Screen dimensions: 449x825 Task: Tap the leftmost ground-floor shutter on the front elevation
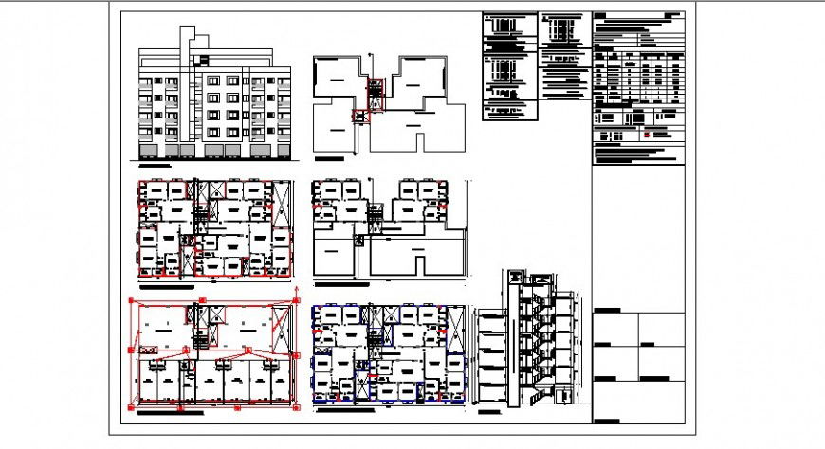pyautogui.click(x=148, y=151)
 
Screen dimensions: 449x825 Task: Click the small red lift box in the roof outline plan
pyautogui.click(x=358, y=117)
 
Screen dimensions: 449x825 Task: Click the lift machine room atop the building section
pyautogui.click(x=515, y=278)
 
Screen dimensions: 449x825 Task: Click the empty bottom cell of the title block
pyautogui.click(x=637, y=403)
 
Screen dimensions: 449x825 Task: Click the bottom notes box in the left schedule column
pyautogui.click(x=510, y=111)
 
